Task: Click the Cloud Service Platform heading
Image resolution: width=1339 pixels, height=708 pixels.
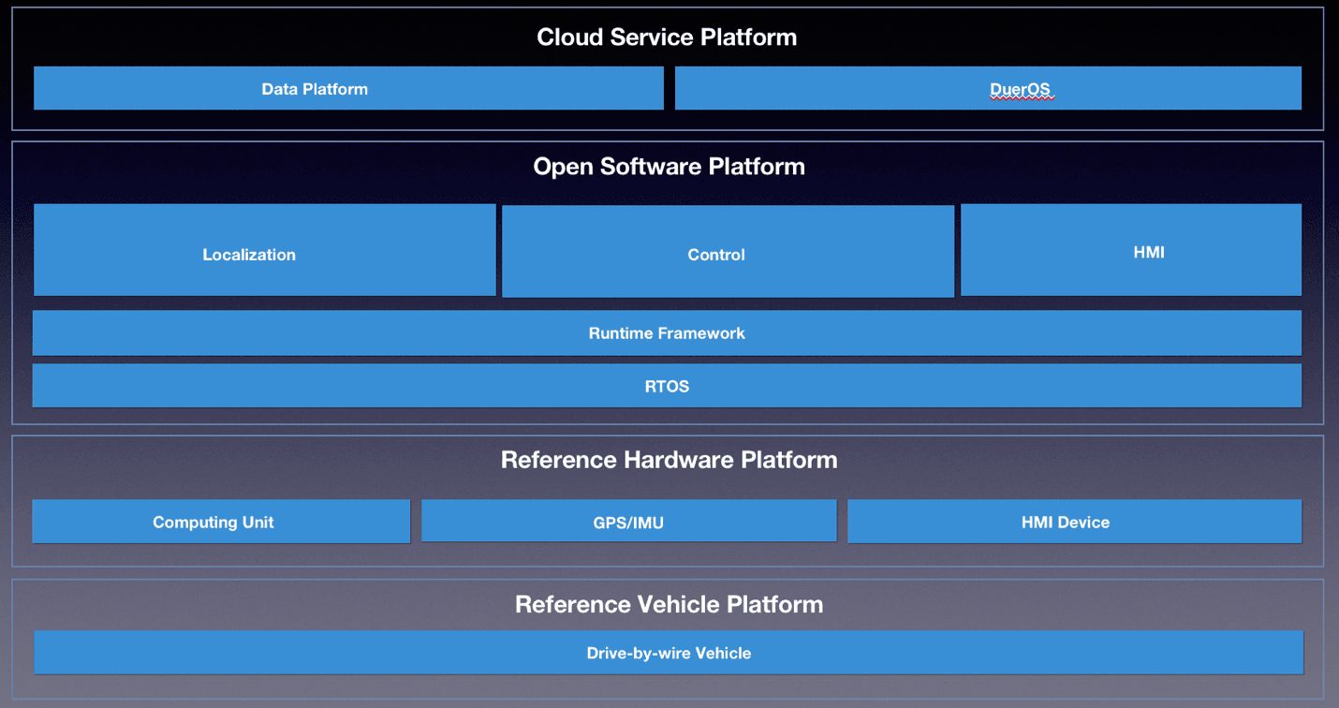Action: click(667, 37)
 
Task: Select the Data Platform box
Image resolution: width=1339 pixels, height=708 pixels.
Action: click(348, 88)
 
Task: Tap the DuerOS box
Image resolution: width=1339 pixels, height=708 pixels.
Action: click(988, 88)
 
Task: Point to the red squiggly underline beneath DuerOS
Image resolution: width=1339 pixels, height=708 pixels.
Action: click(1022, 98)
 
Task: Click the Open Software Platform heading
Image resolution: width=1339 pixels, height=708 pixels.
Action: click(669, 167)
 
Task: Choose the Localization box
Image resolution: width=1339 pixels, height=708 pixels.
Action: click(265, 250)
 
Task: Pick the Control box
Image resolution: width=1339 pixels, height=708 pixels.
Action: click(728, 251)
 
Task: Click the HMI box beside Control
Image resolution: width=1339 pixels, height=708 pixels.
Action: click(1131, 250)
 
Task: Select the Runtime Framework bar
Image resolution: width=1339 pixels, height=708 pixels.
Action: click(667, 333)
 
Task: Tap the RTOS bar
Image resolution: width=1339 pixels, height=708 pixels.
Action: click(667, 386)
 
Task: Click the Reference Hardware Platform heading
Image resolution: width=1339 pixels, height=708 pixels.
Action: click(669, 460)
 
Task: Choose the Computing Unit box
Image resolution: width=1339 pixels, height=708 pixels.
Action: click(221, 522)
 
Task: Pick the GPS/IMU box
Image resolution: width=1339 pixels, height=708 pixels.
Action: click(629, 521)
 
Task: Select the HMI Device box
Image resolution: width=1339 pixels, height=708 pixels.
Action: click(1075, 522)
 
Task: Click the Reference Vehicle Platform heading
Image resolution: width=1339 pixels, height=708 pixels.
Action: click(669, 604)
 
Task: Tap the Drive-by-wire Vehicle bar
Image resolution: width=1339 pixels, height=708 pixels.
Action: click(669, 653)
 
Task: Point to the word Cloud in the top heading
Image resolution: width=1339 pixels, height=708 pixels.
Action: click(569, 37)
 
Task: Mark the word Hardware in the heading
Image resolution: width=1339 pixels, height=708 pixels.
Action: click(679, 460)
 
